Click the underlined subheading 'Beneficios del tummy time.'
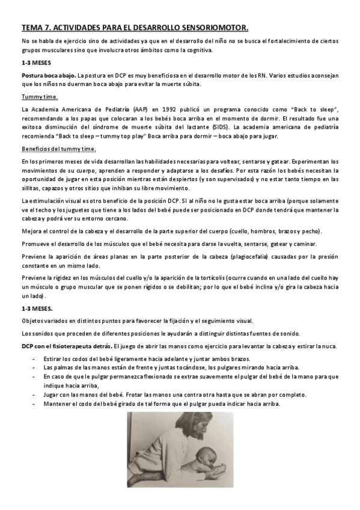[x=58, y=149]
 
